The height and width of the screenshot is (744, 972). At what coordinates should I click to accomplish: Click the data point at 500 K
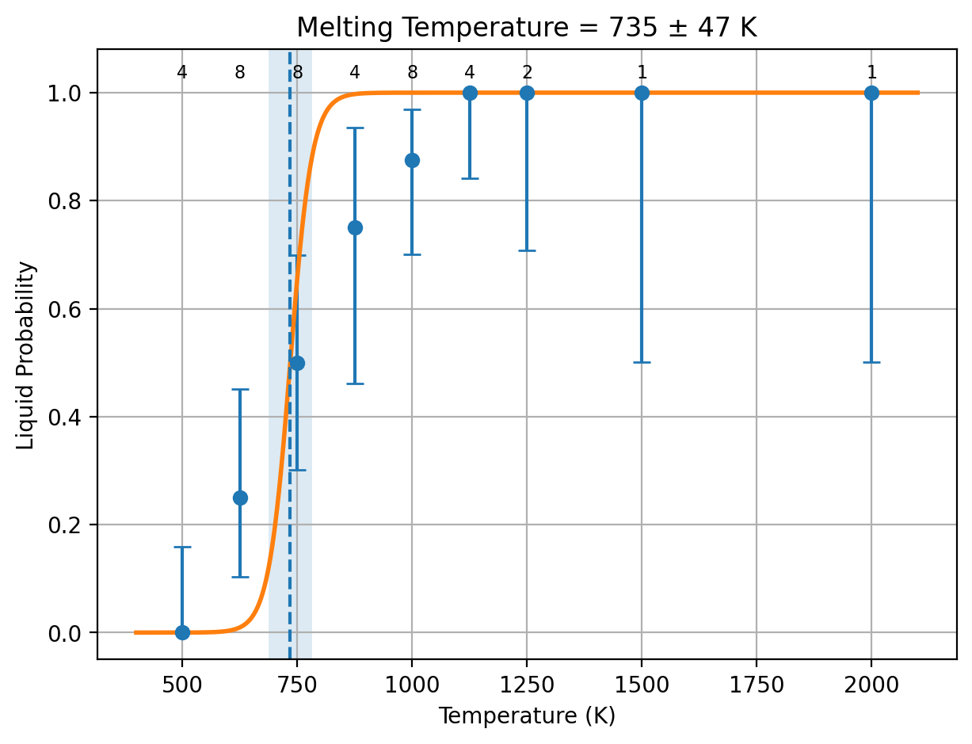[182, 632]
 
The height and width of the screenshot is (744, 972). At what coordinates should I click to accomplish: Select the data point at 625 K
[240, 498]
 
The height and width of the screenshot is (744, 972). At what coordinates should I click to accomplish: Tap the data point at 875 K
[355, 228]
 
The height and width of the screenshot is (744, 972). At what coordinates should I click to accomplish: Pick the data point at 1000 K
[412, 160]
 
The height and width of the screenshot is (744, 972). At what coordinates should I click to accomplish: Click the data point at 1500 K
[642, 93]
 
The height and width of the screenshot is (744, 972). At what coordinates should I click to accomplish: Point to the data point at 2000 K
[871, 93]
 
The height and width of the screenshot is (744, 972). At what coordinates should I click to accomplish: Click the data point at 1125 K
[470, 93]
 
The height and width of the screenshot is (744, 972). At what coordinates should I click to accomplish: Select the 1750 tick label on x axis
[757, 685]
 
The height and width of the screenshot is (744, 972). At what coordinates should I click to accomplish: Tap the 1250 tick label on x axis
[527, 685]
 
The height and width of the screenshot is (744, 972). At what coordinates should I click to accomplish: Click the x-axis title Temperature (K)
[527, 717]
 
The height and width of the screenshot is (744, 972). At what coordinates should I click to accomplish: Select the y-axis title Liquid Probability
[25, 356]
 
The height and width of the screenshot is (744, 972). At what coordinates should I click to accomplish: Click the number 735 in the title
[633, 28]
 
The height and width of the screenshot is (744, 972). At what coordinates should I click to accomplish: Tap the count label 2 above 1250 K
[527, 72]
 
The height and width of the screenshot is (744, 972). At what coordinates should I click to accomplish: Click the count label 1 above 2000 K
[871, 72]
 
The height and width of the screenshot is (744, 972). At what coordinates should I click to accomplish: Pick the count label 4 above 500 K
[182, 72]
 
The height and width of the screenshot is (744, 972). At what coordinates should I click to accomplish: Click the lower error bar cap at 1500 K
[642, 363]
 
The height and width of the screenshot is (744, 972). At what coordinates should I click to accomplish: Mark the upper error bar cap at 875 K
[355, 128]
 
